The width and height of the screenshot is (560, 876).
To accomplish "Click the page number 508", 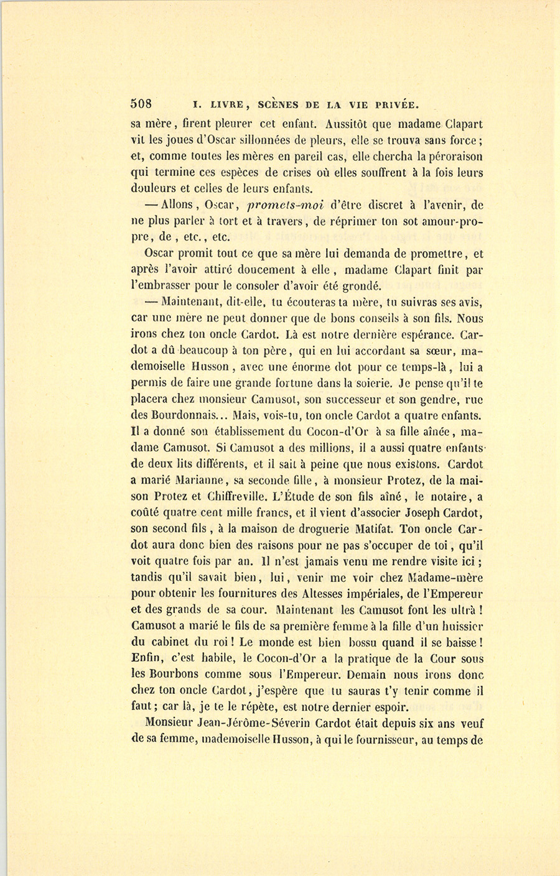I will pos(142,104).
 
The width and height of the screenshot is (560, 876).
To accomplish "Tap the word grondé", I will pos(358,287).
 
